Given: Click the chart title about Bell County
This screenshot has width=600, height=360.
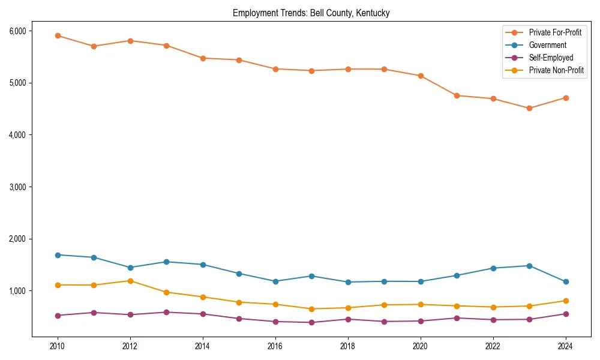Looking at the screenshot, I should pyautogui.click(x=311, y=13).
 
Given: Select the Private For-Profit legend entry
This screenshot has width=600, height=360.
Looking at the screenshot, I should pyautogui.click(x=554, y=32).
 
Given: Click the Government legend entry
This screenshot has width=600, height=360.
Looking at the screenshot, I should pyautogui.click(x=547, y=45).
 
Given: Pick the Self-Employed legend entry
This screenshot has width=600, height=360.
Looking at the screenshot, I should pyautogui.click(x=551, y=58).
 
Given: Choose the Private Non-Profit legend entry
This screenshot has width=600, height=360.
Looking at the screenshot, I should pyautogui.click(x=556, y=70).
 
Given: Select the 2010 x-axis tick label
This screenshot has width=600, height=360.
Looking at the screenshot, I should pyautogui.click(x=58, y=346).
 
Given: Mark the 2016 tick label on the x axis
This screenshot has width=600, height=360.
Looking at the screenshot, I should pyautogui.click(x=275, y=346).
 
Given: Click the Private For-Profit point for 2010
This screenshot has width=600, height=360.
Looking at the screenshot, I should pyautogui.click(x=58, y=35).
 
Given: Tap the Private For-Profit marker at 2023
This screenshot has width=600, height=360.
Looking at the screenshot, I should pyautogui.click(x=529, y=109).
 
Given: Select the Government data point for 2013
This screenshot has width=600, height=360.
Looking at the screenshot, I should pyautogui.click(x=166, y=262).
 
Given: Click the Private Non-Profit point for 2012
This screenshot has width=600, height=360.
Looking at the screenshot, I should pyautogui.click(x=130, y=281).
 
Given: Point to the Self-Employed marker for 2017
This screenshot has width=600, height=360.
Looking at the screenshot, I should pyautogui.click(x=311, y=322).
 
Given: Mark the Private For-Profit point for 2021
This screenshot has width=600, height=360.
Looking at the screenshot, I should pyautogui.click(x=457, y=95).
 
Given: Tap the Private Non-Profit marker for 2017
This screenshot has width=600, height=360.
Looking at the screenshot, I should pyautogui.click(x=311, y=309).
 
